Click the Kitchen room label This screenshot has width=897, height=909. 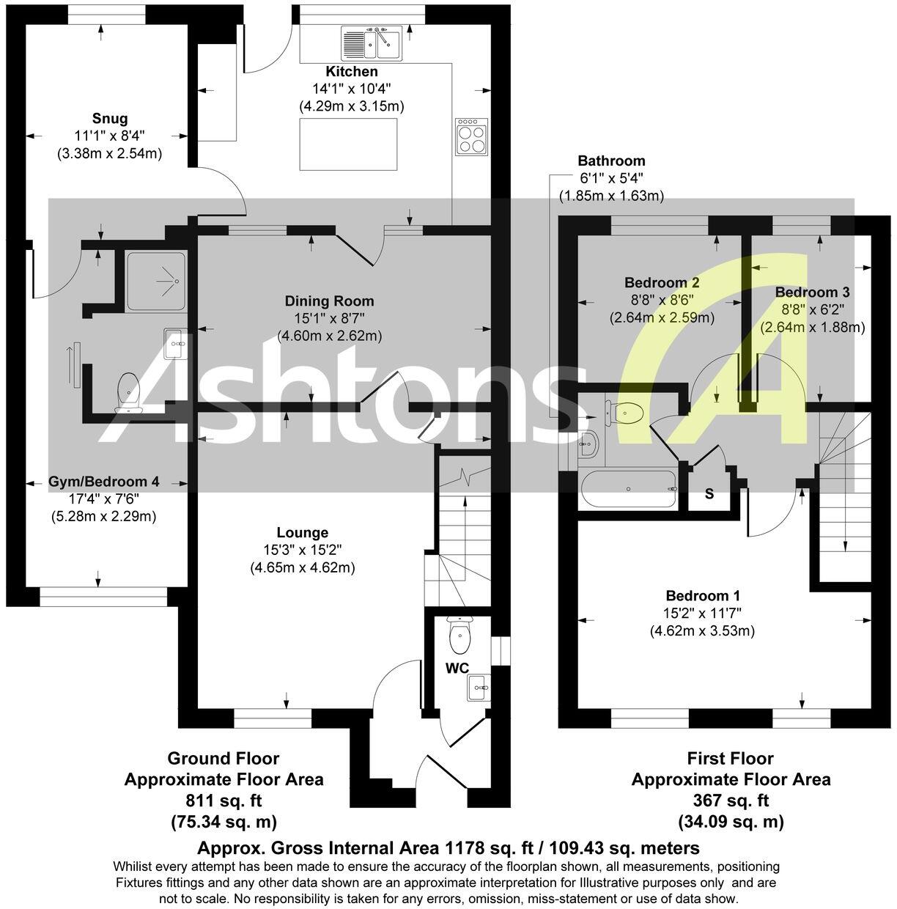(352, 72)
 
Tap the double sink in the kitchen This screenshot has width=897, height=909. (370, 43)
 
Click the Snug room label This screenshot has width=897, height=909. (110, 119)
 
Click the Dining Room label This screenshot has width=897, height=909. (329, 301)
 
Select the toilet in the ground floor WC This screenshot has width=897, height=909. (460, 636)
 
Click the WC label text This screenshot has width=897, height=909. (457, 668)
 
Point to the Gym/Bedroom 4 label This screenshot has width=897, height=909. (104, 482)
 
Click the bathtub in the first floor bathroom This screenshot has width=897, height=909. (628, 490)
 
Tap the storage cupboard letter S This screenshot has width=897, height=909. (709, 494)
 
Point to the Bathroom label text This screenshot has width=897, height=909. (611, 161)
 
